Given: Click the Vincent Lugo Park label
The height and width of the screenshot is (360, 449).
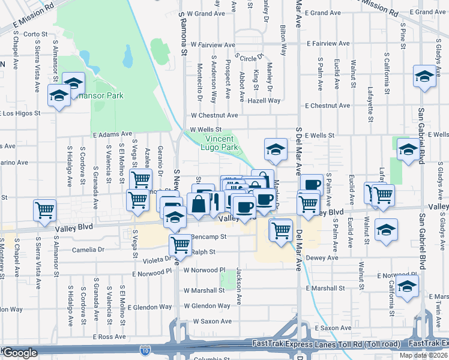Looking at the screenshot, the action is coord(219,143).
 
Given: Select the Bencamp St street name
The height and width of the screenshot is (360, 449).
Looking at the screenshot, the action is coord(208,237).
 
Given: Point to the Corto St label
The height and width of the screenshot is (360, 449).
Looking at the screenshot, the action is coord(35,34).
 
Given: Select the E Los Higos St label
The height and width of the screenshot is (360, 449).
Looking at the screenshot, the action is coord(21,112).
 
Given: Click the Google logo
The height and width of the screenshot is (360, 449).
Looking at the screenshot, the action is coord(20,353).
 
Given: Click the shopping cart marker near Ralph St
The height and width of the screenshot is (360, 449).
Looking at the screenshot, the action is coord(181,244).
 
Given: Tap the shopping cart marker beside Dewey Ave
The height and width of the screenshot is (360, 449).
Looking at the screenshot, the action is coord(281,229).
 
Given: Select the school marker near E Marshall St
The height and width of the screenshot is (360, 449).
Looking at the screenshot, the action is coord(407,287).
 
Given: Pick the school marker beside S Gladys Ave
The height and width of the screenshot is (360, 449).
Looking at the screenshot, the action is coord(424,77).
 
